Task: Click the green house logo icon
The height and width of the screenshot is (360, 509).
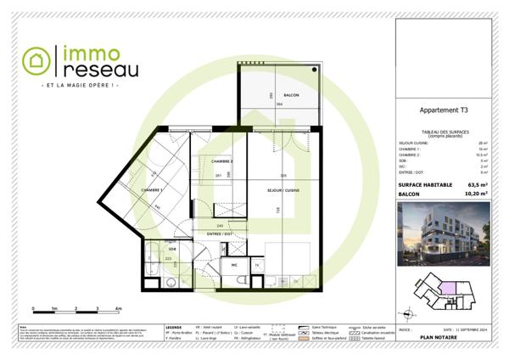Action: [36, 59]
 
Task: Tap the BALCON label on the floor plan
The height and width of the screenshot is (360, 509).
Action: [291, 96]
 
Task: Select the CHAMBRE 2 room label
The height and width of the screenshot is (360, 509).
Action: [222, 160]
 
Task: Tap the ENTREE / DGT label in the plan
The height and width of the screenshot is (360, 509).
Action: [219, 233]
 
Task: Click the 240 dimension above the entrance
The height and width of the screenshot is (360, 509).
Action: [220, 225]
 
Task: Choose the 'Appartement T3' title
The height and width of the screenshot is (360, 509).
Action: [445, 110]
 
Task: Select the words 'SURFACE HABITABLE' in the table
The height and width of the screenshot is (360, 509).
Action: [423, 184]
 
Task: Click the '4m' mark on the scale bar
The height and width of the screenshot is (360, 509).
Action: [119, 308]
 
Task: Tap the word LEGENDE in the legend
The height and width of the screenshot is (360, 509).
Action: [173, 325]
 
